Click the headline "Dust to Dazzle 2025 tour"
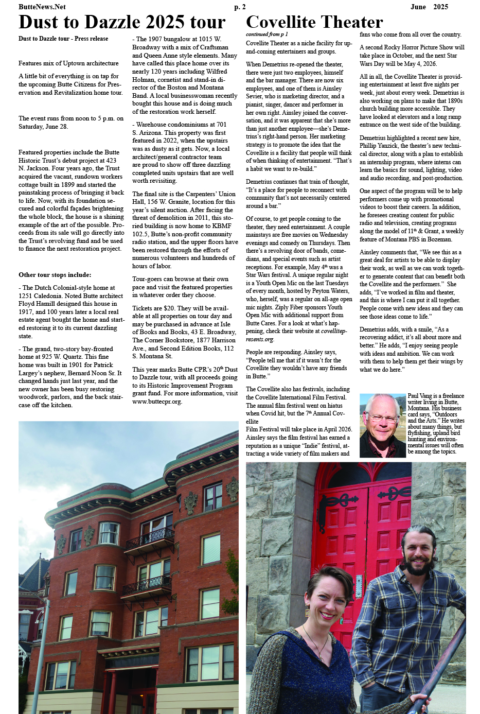[x=122, y=22]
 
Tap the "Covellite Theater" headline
[x=314, y=22]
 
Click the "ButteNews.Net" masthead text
[x=42, y=7]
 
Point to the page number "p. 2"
[x=240, y=7]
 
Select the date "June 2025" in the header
[x=429, y=7]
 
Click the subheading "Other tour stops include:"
[x=55, y=275]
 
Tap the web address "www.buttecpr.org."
[x=157, y=402]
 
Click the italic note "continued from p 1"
[x=266, y=34]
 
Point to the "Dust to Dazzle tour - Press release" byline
[x=63, y=39]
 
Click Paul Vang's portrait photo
[x=382, y=425]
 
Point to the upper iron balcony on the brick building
[x=149, y=538]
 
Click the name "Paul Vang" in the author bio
[x=420, y=396]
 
